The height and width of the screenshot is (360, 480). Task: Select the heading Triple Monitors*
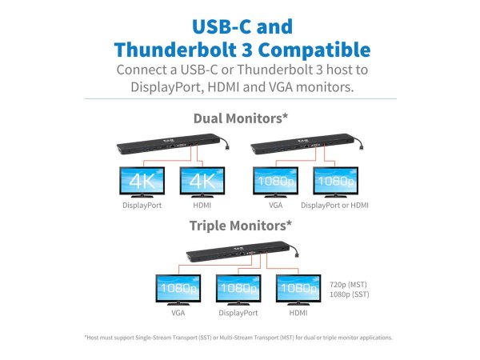click(240, 225)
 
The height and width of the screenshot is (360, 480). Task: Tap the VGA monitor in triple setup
click(178, 288)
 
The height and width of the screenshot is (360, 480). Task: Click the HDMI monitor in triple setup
click(298, 288)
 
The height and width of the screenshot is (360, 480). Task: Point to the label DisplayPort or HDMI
click(335, 205)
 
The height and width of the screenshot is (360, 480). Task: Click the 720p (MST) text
click(349, 283)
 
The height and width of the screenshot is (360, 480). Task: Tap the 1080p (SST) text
click(349, 294)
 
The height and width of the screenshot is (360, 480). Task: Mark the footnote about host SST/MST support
click(238, 337)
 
